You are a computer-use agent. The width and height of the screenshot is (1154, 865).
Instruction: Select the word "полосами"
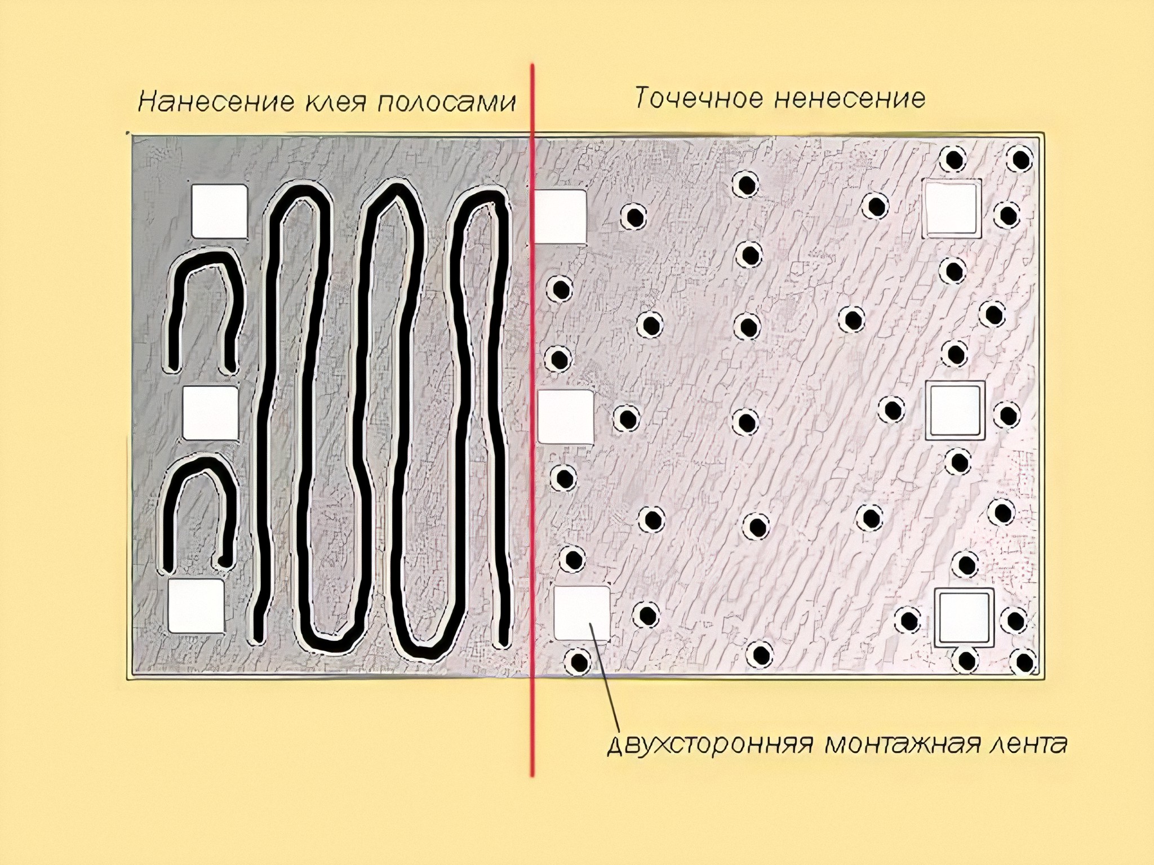(445, 103)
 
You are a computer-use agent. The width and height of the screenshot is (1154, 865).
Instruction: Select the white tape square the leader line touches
(582, 613)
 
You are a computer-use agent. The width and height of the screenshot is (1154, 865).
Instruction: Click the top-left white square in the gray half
(219, 211)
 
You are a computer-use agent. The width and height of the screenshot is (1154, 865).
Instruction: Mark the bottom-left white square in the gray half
(196, 606)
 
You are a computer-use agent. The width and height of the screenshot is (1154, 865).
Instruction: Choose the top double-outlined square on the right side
(951, 208)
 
